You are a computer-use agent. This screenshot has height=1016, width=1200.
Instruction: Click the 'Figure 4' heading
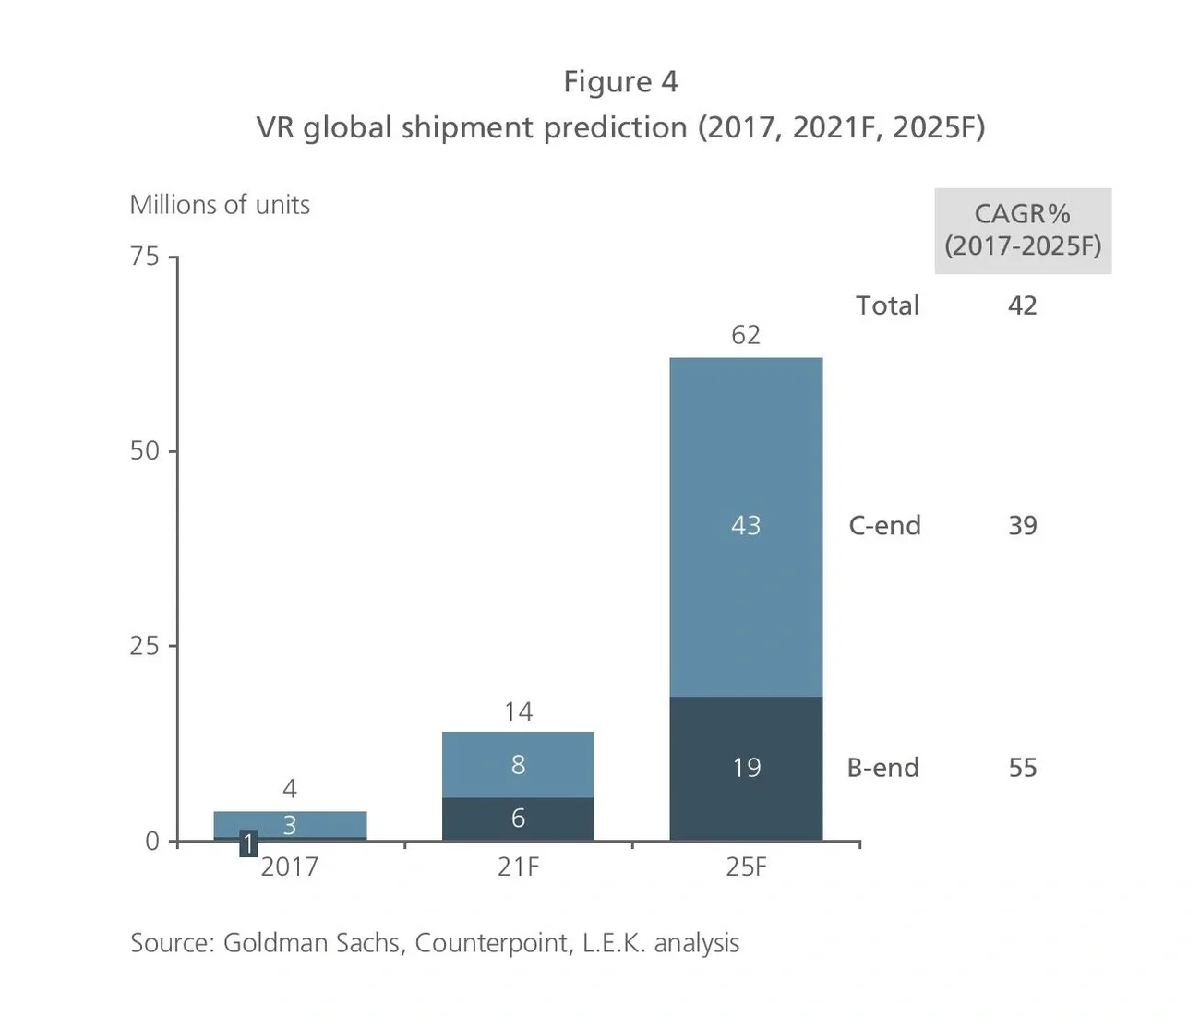click(620, 82)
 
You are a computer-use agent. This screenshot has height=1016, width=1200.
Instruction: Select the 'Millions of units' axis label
click(220, 205)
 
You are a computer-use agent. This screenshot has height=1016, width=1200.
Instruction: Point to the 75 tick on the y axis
click(145, 256)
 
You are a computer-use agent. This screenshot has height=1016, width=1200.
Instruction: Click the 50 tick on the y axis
click(145, 450)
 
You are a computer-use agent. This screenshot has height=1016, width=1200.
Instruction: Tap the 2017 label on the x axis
click(289, 867)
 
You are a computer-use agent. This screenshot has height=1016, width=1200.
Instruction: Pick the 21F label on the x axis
click(518, 867)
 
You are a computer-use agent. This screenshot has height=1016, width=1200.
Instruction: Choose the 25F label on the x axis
click(746, 867)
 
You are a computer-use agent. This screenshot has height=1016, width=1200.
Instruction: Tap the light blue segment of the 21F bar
click(518, 765)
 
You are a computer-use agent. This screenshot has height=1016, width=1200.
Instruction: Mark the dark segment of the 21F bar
click(518, 819)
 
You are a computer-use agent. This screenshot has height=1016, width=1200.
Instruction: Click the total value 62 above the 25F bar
click(746, 335)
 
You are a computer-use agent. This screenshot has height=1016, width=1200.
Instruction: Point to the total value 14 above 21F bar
click(518, 711)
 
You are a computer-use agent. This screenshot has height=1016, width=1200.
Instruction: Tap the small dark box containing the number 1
click(248, 843)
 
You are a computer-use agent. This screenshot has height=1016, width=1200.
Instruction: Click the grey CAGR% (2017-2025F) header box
click(1023, 231)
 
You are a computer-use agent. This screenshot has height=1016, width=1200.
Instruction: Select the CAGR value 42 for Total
click(1023, 305)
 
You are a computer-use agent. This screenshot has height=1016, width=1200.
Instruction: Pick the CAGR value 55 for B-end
click(1023, 768)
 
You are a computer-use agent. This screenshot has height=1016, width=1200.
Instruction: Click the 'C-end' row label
click(884, 526)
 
